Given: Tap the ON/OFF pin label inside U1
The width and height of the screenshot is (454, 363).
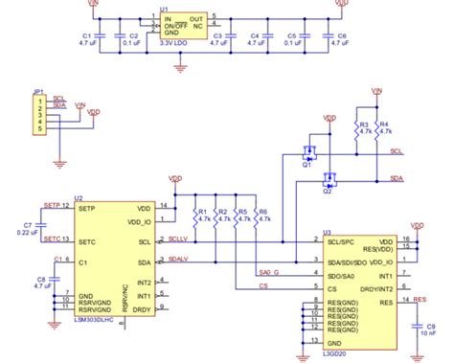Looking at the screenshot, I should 150,26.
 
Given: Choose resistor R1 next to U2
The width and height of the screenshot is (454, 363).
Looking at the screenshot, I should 197,216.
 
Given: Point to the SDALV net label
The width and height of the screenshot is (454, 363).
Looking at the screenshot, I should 180,258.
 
